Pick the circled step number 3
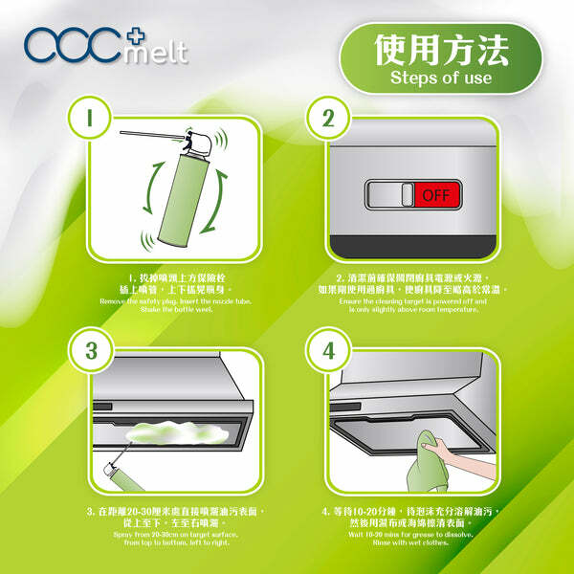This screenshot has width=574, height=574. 92,349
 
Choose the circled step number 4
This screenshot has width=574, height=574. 328,349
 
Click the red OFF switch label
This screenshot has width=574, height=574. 436,195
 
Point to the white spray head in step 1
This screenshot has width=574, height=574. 197,143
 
